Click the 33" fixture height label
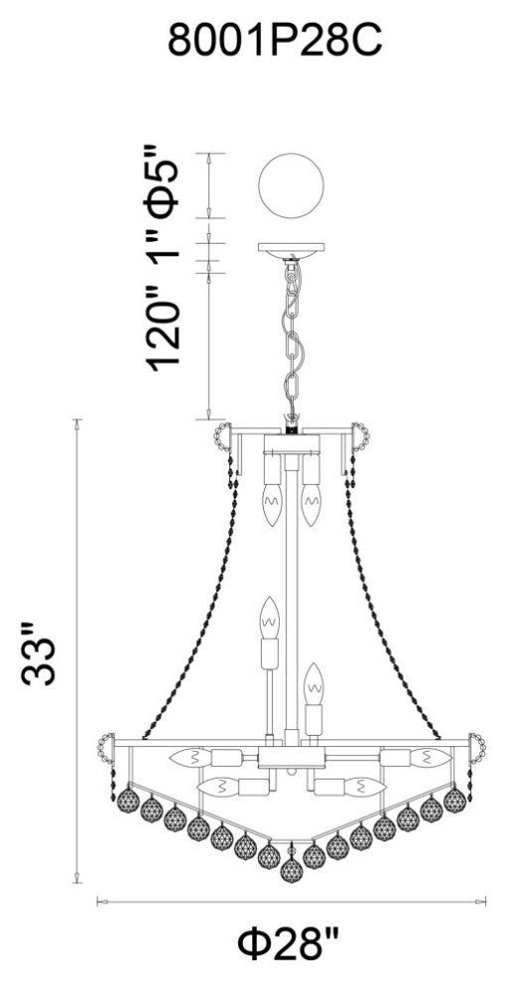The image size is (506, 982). [39, 654]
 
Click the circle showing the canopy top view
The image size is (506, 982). [292, 186]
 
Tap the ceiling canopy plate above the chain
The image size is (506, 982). [292, 250]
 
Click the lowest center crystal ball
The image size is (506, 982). [291, 871]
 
